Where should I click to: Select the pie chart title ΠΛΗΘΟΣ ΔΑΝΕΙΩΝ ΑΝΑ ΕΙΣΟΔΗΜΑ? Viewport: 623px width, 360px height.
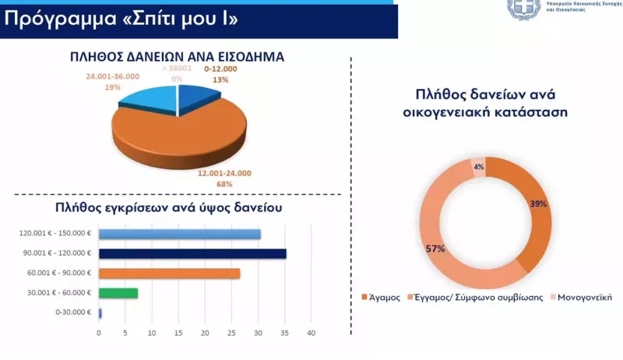178,56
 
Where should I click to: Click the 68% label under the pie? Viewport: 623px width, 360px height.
224,184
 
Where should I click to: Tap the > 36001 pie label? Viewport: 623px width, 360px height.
177,69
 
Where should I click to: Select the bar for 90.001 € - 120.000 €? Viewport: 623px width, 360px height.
192,253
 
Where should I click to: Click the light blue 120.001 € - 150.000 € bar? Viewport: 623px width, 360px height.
179,234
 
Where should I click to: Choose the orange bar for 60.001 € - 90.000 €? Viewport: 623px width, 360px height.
169,273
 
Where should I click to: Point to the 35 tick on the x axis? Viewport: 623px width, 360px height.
284,333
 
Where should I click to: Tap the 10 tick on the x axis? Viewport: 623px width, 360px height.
152,333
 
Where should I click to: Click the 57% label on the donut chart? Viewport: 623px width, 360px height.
435,249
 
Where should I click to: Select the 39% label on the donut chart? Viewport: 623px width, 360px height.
538,203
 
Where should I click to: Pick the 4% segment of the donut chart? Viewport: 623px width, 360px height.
478,167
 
